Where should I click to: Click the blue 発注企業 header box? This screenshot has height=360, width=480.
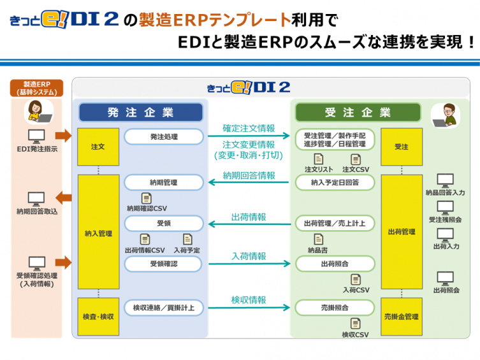click(x=141, y=112)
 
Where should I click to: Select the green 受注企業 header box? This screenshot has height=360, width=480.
click(x=358, y=112)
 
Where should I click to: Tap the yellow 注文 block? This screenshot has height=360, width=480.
click(x=98, y=147)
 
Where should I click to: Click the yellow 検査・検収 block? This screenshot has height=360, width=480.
click(x=98, y=317)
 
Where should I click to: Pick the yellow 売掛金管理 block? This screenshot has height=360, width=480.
click(x=402, y=317)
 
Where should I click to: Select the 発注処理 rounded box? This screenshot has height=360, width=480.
click(x=164, y=137)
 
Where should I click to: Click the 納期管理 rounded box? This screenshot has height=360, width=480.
click(x=164, y=183)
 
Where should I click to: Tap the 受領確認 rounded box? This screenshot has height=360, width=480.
click(x=163, y=264)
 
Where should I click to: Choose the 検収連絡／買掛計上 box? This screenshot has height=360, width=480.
click(x=164, y=308)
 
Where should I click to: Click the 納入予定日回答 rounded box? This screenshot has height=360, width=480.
click(x=335, y=183)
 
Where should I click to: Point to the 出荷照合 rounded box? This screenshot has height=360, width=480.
click(x=335, y=264)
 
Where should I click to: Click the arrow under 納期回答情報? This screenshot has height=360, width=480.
click(x=249, y=182)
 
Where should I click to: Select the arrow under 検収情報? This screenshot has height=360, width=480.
click(x=249, y=307)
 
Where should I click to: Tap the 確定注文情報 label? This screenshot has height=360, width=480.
click(x=249, y=128)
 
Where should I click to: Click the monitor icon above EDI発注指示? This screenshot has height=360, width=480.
click(x=36, y=136)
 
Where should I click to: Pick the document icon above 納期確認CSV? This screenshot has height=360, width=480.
click(x=147, y=198)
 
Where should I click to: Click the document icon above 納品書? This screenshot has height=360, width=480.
click(x=318, y=239)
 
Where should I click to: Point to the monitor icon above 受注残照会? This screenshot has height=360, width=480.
click(x=446, y=208)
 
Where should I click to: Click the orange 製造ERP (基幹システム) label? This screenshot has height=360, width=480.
click(x=37, y=88)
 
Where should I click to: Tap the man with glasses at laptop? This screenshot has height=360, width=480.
click(x=446, y=115)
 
